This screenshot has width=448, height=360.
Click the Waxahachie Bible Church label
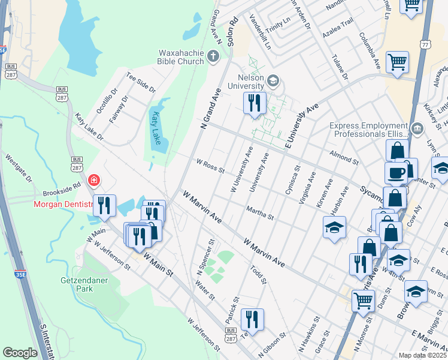[x=181, y=56]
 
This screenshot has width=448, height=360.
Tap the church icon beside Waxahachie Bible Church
[x=213, y=57]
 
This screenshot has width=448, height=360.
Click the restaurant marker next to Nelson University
[x=255, y=103]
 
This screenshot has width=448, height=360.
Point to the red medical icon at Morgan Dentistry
[x=93, y=179]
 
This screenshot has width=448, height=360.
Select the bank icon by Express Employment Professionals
[x=418, y=127]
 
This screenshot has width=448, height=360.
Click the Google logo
[x=20, y=353]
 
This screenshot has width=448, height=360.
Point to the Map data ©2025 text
[x=422, y=355]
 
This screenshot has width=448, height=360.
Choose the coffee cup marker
[x=395, y=173]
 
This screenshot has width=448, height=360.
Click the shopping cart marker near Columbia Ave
[x=397, y=62]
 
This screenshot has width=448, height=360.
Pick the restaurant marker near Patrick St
[x=252, y=319]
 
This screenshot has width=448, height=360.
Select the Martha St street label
[x=260, y=212]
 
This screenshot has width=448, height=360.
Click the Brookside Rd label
[x=61, y=190]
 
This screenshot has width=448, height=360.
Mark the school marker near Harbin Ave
[x=334, y=227]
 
